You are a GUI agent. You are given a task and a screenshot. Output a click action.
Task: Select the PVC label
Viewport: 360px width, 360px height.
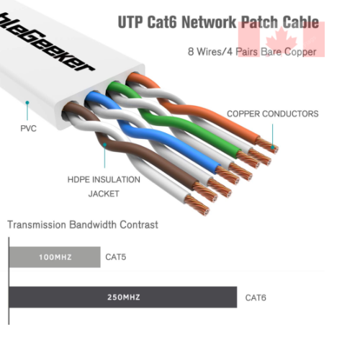pos(28,129)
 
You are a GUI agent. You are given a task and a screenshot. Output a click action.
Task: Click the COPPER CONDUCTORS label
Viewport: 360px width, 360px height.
pos(272,114)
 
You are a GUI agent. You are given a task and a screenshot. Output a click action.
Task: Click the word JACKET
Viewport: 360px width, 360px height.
pos(103,194)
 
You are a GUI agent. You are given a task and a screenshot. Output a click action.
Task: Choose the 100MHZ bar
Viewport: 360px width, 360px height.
pos(55,256)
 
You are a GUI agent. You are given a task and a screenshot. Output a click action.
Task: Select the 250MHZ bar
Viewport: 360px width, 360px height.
pos(123,297)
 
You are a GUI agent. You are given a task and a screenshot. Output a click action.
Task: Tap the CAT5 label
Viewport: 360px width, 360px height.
pos(116,256)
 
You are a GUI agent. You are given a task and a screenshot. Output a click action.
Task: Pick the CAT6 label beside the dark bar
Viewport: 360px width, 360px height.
pos(256,297)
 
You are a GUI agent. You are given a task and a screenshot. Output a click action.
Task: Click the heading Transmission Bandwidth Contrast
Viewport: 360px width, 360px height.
pos(83,225)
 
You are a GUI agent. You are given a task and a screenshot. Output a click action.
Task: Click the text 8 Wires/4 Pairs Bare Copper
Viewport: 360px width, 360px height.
pos(252,52)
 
